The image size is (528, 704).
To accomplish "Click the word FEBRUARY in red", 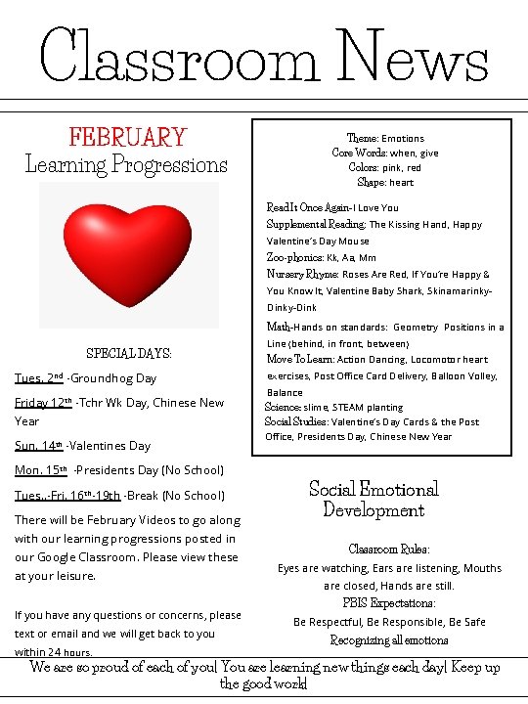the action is coord(127,137).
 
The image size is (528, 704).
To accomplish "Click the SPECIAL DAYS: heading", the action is coord(129,353).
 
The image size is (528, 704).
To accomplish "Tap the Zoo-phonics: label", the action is coord(290,257).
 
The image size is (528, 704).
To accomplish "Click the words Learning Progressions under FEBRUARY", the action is coord(126,164).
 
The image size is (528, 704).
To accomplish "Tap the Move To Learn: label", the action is coord(300,359).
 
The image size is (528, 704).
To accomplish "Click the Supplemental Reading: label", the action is coord(316,224).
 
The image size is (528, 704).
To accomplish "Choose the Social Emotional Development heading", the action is coord(374,499).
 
